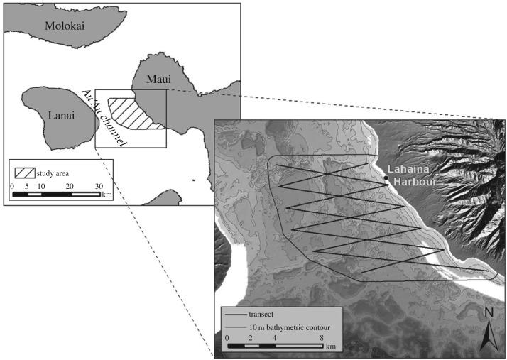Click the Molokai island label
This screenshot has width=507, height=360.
click(64, 26)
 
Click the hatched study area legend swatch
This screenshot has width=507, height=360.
click(26, 173)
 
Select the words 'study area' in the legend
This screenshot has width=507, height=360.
click(55, 173)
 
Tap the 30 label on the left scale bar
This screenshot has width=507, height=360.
click(99, 185)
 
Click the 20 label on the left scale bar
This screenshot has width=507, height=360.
click(70, 185)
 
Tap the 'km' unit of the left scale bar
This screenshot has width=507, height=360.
click(107, 194)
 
